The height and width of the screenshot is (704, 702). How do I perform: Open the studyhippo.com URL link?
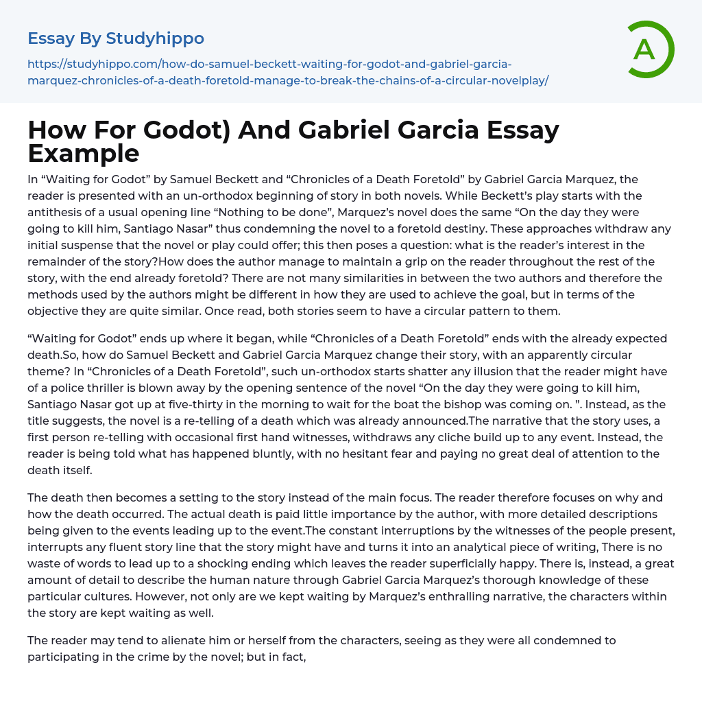coord(288,72)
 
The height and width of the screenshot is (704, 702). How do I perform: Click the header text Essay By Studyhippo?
coord(116,38)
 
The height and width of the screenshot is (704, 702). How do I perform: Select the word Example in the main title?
coord(84,152)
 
